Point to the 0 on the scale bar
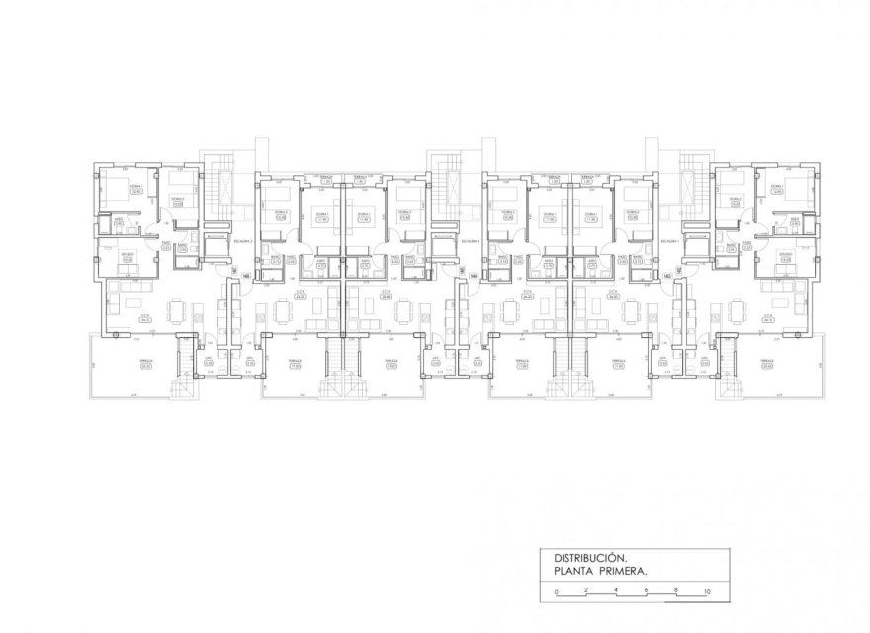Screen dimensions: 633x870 (557, 592)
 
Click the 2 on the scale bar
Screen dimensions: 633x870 (586, 592)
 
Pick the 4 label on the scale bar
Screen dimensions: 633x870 (616, 592)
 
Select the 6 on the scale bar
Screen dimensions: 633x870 (646, 592)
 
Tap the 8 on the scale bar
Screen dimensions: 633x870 (675, 592)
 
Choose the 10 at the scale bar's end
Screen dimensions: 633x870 (706, 592)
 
